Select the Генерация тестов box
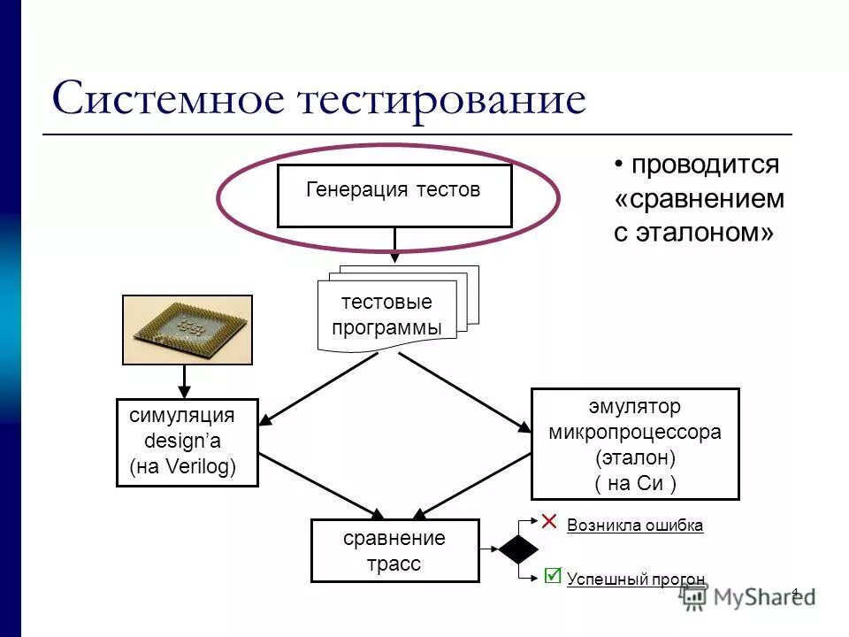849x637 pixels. (394, 196)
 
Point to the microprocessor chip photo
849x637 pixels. (187, 330)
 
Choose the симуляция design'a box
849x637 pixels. (187, 442)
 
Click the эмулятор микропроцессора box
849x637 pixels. (634, 444)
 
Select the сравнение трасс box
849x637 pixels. (394, 550)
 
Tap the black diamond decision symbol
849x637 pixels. (518, 549)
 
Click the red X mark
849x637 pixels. (549, 521)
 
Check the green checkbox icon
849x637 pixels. (553, 576)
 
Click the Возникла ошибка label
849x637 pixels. (635, 526)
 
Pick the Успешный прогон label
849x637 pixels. (636, 579)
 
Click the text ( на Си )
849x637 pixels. (635, 483)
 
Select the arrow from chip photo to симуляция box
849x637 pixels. (186, 381)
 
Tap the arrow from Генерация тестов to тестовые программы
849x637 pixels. (395, 245)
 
